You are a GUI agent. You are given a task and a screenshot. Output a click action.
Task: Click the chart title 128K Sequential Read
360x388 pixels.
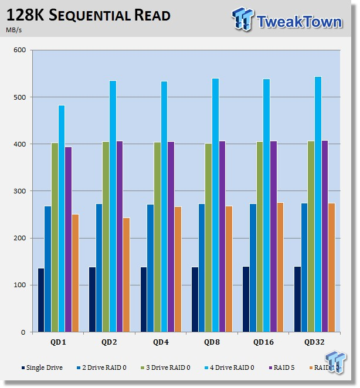coord(89,16)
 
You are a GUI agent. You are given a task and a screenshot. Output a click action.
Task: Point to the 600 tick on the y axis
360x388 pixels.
coord(20,50)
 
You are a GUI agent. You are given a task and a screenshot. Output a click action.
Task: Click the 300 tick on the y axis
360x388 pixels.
coord(20,191)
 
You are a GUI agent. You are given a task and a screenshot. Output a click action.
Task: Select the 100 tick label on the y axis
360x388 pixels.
coord(20,285)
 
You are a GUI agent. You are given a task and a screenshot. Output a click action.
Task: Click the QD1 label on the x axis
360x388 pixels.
coord(57,341)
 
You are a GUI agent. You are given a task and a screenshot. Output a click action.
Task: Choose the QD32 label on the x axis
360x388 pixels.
coord(314,341)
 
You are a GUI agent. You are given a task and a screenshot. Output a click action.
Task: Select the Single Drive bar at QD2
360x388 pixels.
coord(92,299)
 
